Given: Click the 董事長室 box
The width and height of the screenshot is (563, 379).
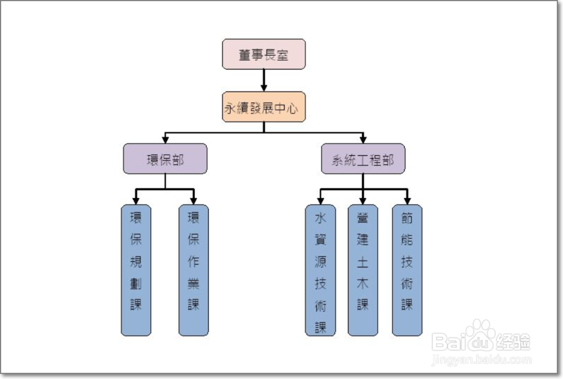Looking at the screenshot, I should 263,54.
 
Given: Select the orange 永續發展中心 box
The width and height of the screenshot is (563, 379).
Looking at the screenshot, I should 263,107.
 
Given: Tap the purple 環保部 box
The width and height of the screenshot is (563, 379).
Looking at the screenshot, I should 165,159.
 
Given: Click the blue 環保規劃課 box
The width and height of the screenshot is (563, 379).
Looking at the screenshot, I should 136,270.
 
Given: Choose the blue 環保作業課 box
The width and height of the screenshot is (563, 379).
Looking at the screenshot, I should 193,270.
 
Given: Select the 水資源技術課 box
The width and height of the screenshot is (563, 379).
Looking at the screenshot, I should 320,270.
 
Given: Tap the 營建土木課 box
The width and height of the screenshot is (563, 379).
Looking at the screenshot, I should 363,270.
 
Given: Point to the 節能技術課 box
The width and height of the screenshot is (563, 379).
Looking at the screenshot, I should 407,270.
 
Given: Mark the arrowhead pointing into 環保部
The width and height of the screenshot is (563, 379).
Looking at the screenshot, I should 165,139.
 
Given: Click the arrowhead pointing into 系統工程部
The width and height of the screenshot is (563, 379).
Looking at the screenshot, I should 363,139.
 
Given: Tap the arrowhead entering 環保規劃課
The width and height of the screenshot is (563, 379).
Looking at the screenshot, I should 136,200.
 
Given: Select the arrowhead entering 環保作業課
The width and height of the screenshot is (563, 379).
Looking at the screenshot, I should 193,200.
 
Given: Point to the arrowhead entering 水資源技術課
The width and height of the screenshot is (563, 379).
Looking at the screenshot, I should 320,200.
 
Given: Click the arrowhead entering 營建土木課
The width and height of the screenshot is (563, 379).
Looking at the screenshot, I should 363,200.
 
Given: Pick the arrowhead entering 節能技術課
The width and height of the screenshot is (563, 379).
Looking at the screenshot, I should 407,200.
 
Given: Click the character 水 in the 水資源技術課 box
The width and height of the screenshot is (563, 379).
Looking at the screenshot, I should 320,218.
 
